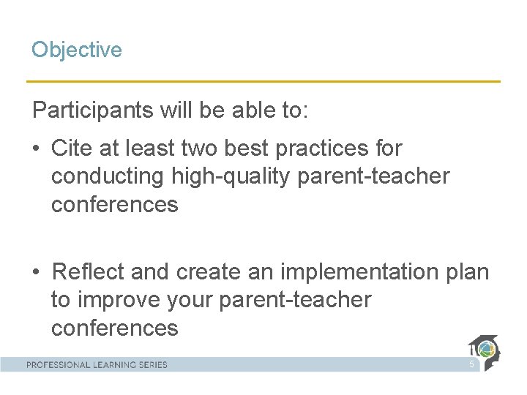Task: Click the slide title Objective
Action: coord(76,50)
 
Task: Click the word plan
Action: coord(466,272)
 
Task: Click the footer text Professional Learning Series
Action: coord(97,364)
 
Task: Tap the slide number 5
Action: coord(472,364)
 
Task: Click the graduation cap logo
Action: coord(484,352)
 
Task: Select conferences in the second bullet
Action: coord(114,328)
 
